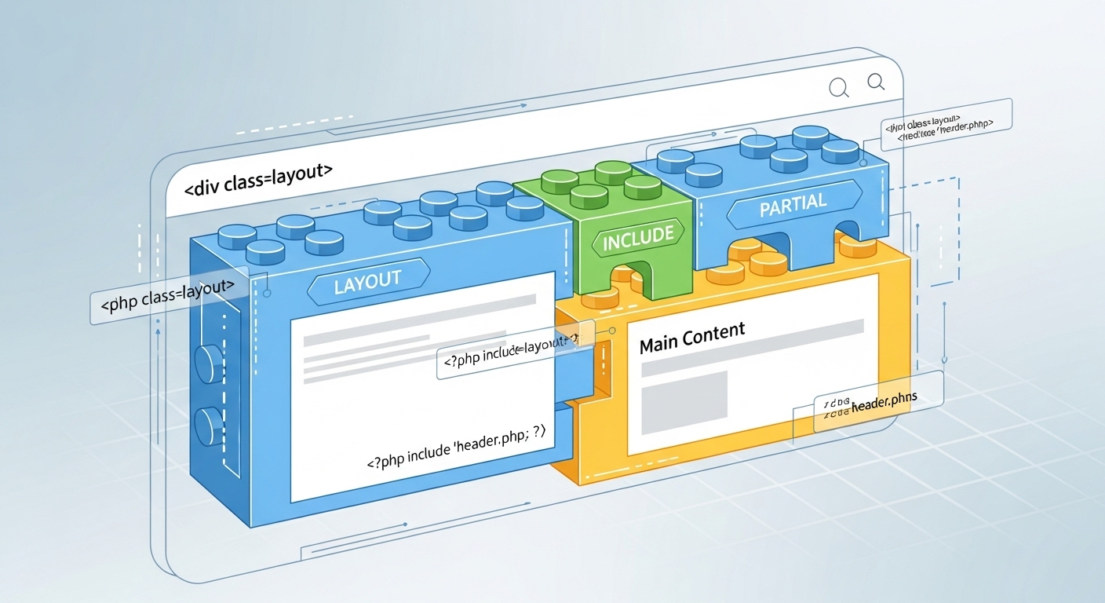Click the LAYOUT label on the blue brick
367,281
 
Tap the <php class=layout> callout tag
162,303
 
